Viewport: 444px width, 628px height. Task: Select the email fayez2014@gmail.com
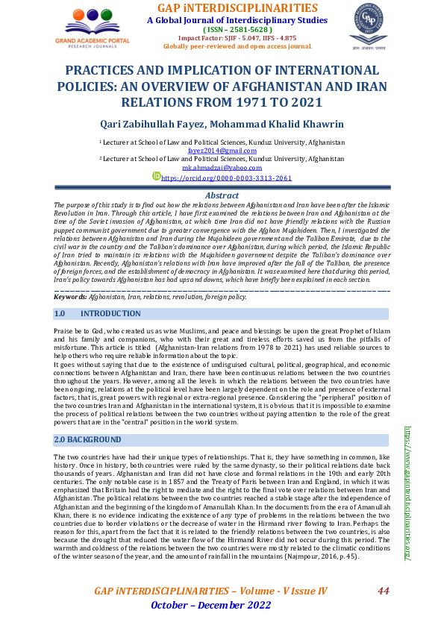coord(222,150)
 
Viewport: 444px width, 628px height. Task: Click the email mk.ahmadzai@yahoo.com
coord(222,168)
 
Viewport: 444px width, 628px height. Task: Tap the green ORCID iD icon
coord(156,177)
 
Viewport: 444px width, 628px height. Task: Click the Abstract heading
coord(222,195)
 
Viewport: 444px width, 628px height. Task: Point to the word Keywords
coord(71,296)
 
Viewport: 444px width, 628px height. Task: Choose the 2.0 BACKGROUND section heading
coord(89,440)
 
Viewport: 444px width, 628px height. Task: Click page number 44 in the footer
coord(384,591)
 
